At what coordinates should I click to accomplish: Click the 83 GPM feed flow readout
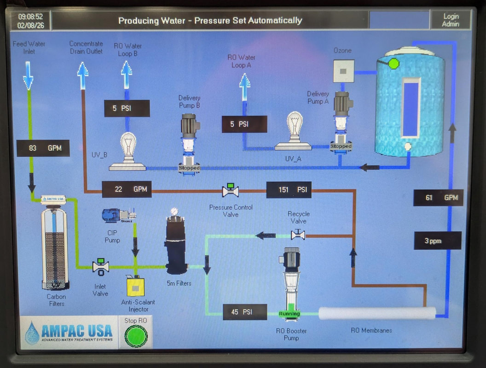point(43,148)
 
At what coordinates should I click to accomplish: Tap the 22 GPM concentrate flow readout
point(127,189)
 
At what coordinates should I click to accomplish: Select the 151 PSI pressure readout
point(289,190)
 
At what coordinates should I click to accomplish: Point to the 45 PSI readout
point(244,312)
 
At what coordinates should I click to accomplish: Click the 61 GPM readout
point(438,197)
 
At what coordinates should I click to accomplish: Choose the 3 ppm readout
point(437,241)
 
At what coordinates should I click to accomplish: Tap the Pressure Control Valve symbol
point(230,190)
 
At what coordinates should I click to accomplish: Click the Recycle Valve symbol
point(298,235)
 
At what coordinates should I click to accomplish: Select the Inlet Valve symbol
point(100,266)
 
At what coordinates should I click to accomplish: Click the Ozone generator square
point(343,71)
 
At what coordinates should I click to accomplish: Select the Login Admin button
point(451,20)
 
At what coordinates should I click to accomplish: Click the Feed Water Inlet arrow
point(28,76)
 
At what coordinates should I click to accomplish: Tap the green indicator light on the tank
point(393,63)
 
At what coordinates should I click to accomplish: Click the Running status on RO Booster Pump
point(289,314)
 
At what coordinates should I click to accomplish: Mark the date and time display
point(30,21)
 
